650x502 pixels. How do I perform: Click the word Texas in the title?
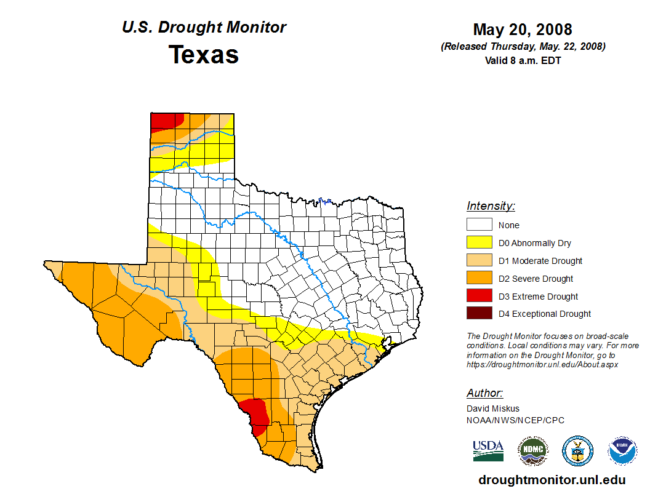click(204, 55)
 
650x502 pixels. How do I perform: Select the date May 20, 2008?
click(523, 30)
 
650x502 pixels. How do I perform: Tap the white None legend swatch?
click(479, 225)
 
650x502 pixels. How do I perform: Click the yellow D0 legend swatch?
click(479, 243)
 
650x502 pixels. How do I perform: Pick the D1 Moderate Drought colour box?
click(479, 261)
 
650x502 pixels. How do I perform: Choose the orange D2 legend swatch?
click(479, 279)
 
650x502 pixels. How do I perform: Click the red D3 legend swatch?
click(479, 297)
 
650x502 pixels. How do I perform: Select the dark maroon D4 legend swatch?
click(479, 314)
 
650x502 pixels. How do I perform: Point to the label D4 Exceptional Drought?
click(545, 314)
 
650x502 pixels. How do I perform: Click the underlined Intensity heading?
click(491, 206)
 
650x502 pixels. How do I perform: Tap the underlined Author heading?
click(484, 393)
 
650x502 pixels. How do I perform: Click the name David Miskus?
click(493, 408)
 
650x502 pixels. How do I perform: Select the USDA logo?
click(488, 450)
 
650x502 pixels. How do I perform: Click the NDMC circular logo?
click(532, 451)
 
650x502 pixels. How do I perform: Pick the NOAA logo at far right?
click(622, 451)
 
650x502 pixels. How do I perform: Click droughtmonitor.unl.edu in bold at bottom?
click(552, 480)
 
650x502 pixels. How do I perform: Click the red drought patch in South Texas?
click(255, 411)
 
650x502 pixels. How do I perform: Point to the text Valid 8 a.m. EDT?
click(523, 60)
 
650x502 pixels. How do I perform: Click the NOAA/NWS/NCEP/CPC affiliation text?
click(515, 421)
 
